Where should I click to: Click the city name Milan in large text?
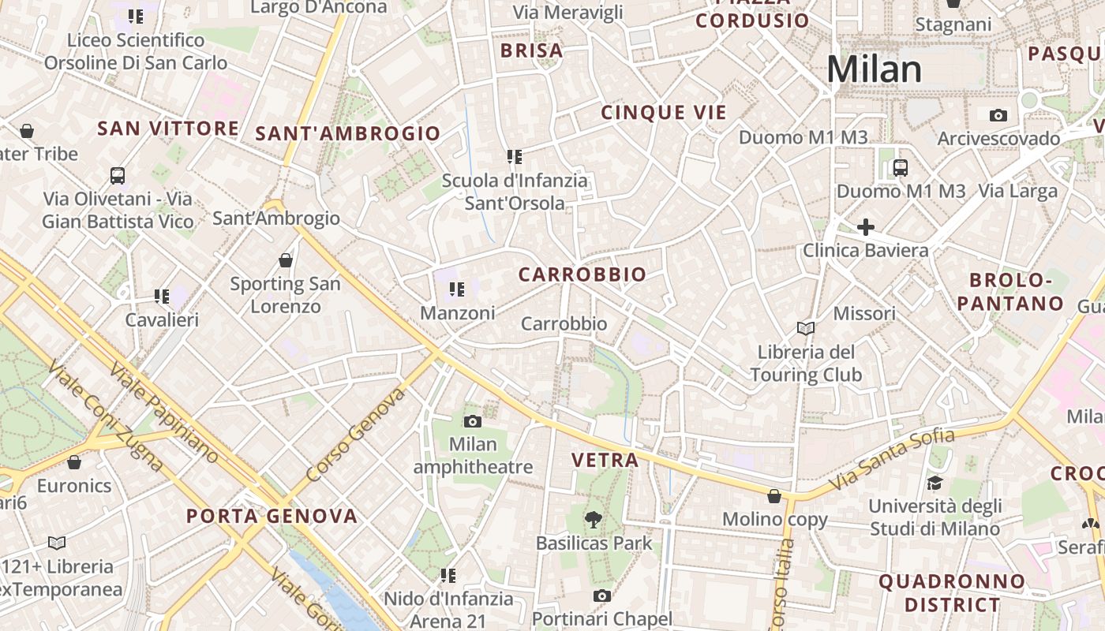coord(874,69)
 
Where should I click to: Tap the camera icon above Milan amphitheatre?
coord(473,421)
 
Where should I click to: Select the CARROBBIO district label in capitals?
coord(582,274)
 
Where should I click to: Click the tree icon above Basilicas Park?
coord(594,519)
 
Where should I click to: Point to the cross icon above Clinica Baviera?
coord(866,227)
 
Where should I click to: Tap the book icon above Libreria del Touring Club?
coord(806,328)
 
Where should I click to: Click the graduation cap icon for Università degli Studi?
coord(935,483)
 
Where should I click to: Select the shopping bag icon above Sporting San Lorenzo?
coord(286,259)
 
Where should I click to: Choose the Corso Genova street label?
coord(355,435)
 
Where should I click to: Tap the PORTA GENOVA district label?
coord(272,517)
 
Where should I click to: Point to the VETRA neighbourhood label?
coord(605,460)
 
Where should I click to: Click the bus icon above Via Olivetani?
coord(118,175)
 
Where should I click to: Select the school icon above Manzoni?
coord(456,289)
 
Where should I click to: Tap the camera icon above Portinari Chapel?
coord(602,596)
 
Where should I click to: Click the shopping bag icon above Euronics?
coord(74,462)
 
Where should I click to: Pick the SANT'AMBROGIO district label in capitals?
coord(347,133)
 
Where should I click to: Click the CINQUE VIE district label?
coord(663,113)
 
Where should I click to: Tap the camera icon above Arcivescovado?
coord(998,116)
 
